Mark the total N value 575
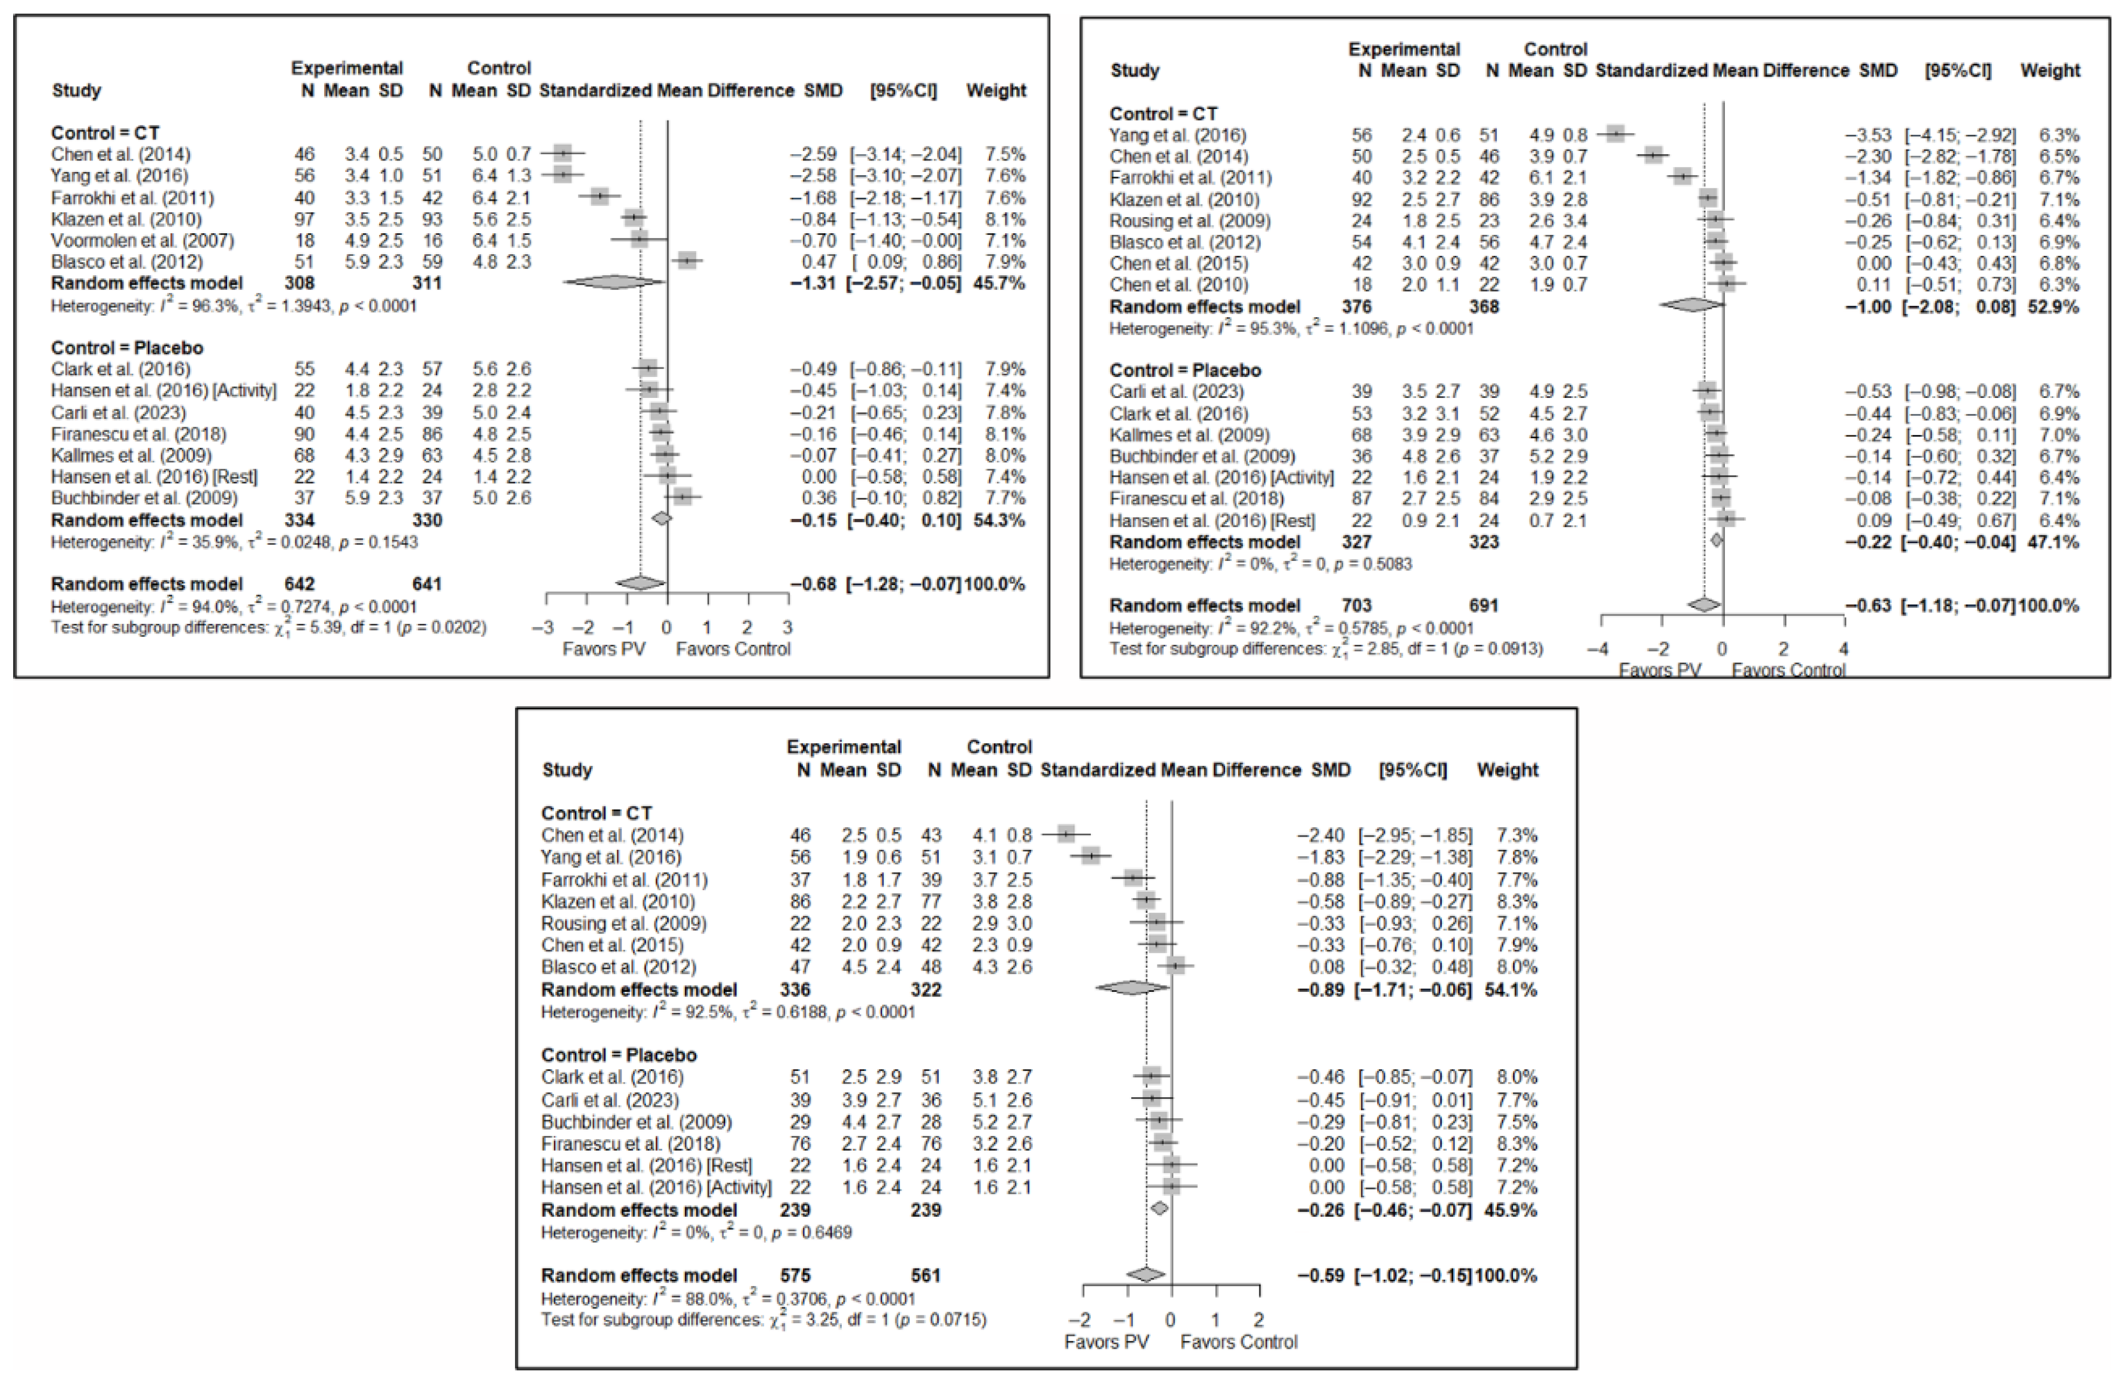pyautogui.click(x=794, y=1276)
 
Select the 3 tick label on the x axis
pyautogui.click(x=787, y=628)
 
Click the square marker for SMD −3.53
pyautogui.click(x=1615, y=135)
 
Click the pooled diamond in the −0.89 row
pyautogui.click(x=1131, y=989)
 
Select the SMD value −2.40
pyautogui.click(x=1320, y=836)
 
